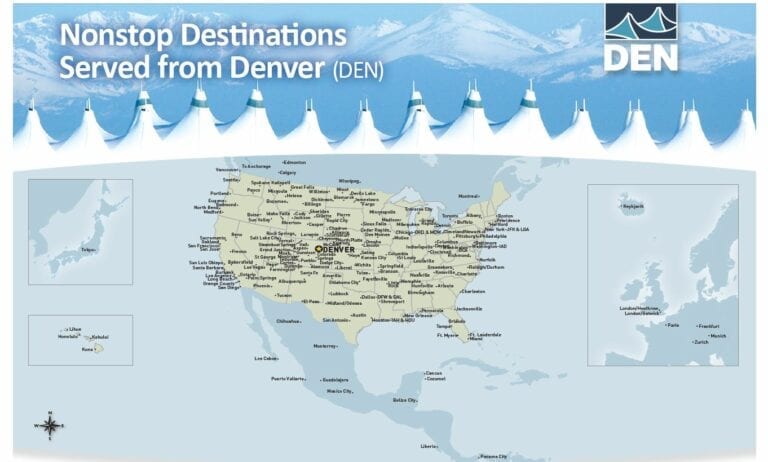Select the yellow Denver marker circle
(319, 249)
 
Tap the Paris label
(673, 325)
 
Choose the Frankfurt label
(708, 326)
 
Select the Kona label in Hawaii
(87, 349)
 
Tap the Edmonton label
(295, 162)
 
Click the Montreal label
(469, 196)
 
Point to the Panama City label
(494, 456)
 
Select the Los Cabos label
(265, 358)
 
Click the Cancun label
(434, 373)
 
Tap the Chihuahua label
(288, 321)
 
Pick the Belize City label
(405, 399)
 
